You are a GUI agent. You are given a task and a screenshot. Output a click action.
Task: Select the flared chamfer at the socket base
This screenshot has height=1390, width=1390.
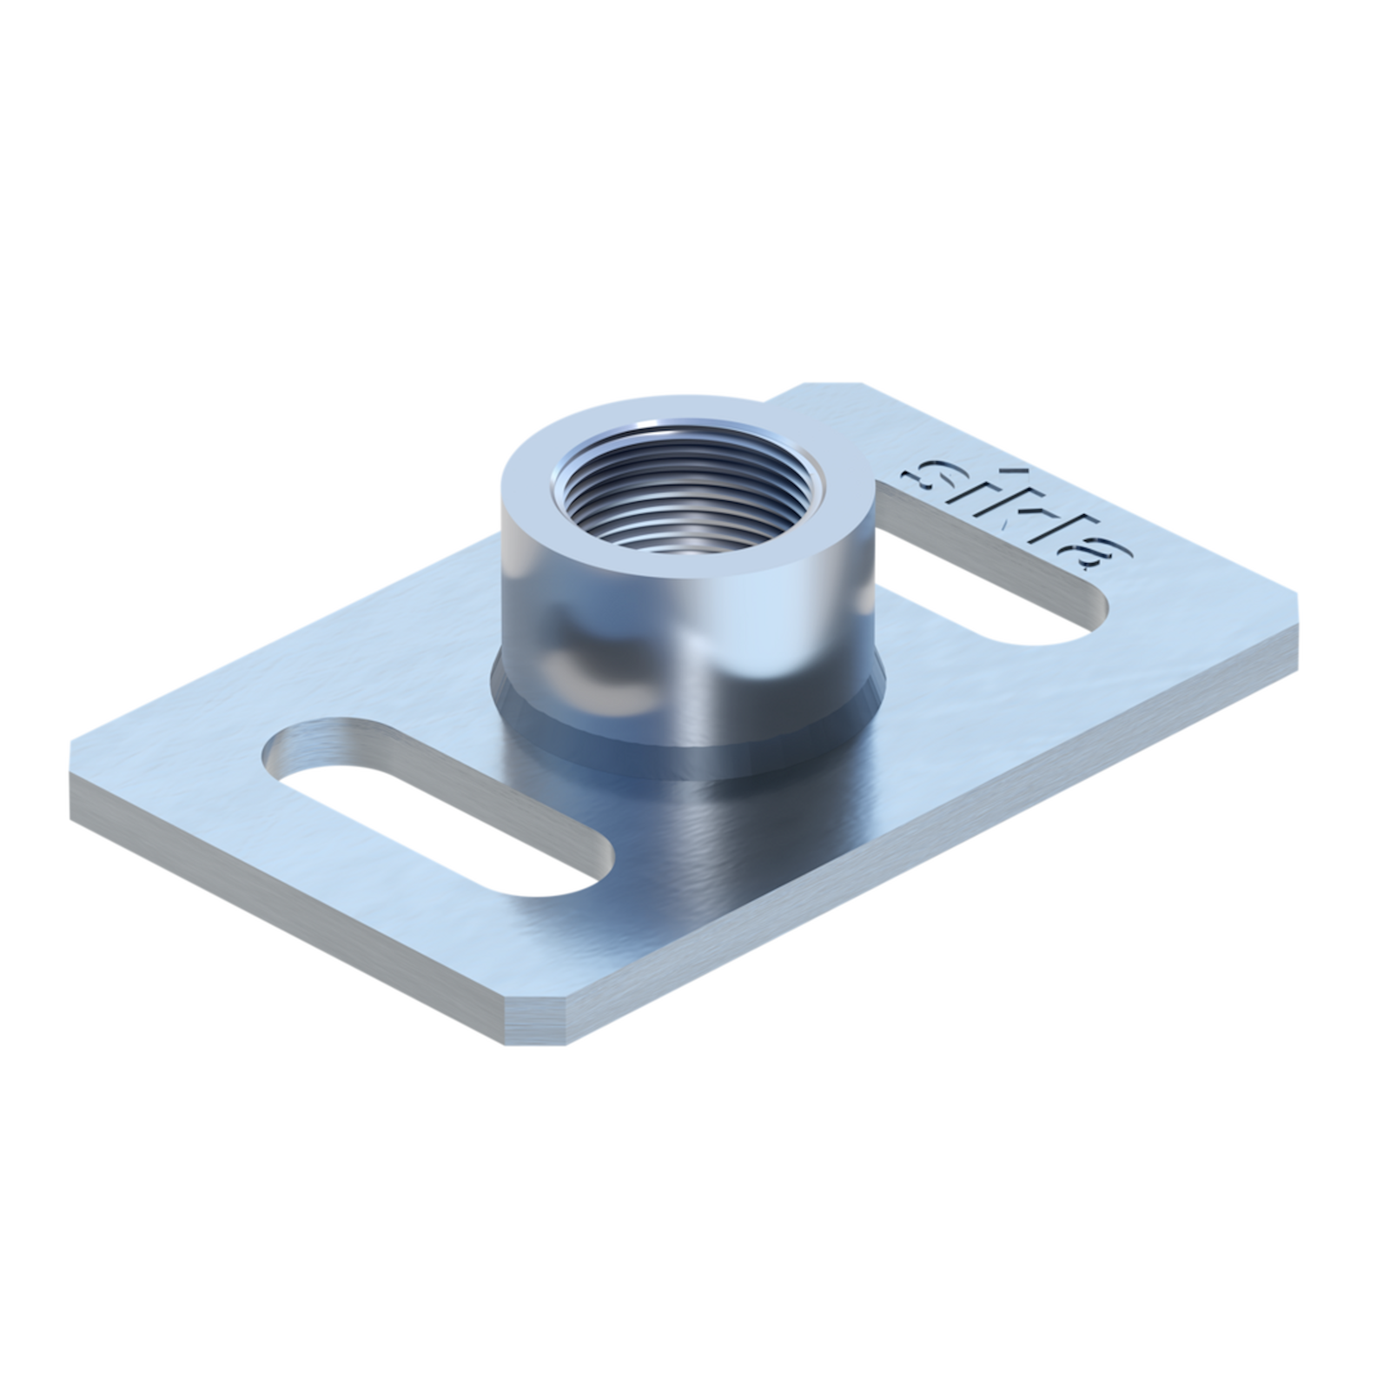click(x=686, y=738)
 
